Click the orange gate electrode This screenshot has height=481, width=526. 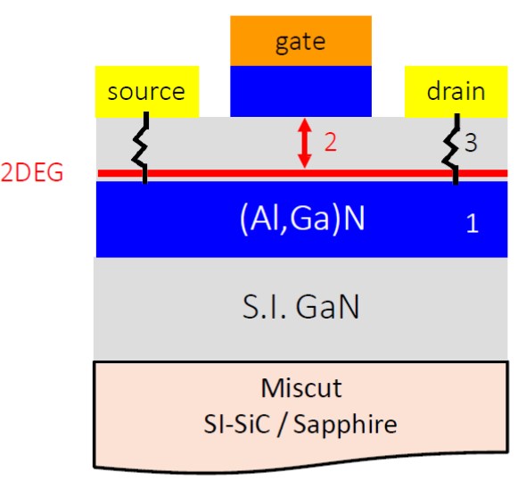(x=300, y=41)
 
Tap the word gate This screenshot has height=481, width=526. (x=300, y=43)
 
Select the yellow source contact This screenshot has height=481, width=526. (x=147, y=91)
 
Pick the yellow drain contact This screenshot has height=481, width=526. (x=456, y=91)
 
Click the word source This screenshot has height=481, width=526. (x=146, y=92)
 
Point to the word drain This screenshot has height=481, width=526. (x=456, y=91)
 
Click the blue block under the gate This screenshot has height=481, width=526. (x=300, y=91)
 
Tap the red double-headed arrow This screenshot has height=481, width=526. (x=305, y=143)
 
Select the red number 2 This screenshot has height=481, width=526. (x=331, y=143)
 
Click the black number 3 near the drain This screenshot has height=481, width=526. (x=471, y=143)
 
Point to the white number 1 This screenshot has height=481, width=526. (x=473, y=223)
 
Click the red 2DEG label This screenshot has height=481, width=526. (x=32, y=172)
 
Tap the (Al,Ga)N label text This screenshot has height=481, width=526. (x=302, y=219)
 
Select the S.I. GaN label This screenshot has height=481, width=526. (x=300, y=306)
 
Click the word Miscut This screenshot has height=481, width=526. (x=301, y=388)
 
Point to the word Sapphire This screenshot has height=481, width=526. (x=346, y=425)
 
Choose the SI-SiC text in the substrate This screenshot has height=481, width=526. (x=237, y=424)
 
